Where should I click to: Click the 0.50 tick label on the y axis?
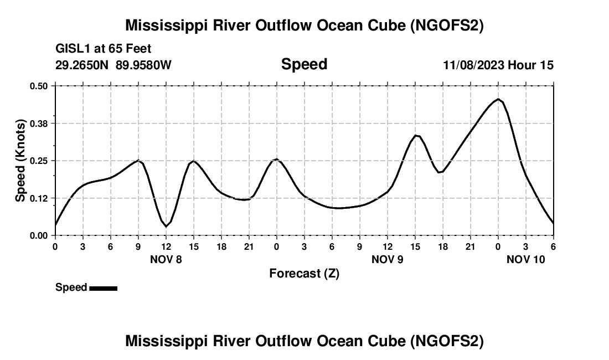tap(39, 86)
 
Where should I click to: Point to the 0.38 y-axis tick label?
tap(39, 123)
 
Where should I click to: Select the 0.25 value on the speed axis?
tap(39, 161)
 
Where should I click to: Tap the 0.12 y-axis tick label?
tap(39, 198)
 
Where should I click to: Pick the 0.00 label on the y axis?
tap(39, 235)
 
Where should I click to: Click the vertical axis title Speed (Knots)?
tap(20, 161)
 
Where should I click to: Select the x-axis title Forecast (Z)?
tap(304, 273)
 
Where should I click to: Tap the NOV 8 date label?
tap(166, 259)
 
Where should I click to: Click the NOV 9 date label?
tap(388, 259)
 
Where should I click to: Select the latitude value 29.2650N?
tap(83, 65)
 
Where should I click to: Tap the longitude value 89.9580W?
tap(143, 65)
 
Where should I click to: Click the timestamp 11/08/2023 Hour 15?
tap(498, 65)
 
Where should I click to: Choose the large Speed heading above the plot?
tap(304, 64)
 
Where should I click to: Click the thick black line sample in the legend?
tap(103, 288)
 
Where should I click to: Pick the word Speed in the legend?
tap(71, 287)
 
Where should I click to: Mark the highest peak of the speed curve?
tap(498, 99)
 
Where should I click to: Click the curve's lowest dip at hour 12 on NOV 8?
tap(166, 227)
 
